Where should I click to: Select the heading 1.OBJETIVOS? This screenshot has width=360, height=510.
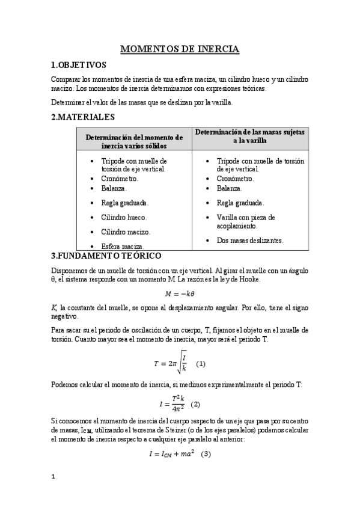(x=79, y=65)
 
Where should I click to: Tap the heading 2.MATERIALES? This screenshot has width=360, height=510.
(x=83, y=117)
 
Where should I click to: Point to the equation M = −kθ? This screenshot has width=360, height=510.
(x=180, y=293)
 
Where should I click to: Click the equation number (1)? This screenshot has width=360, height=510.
(x=201, y=364)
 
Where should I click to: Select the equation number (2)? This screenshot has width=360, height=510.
(x=195, y=404)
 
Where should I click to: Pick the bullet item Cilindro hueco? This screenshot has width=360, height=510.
(x=124, y=217)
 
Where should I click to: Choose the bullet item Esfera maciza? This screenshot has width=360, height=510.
(x=123, y=246)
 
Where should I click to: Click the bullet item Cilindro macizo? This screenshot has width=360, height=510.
(x=126, y=232)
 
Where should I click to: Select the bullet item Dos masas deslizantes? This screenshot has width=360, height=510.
(x=250, y=241)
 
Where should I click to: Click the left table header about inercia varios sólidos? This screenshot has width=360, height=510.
(x=133, y=141)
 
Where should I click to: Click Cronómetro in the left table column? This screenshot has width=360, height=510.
(x=120, y=179)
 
